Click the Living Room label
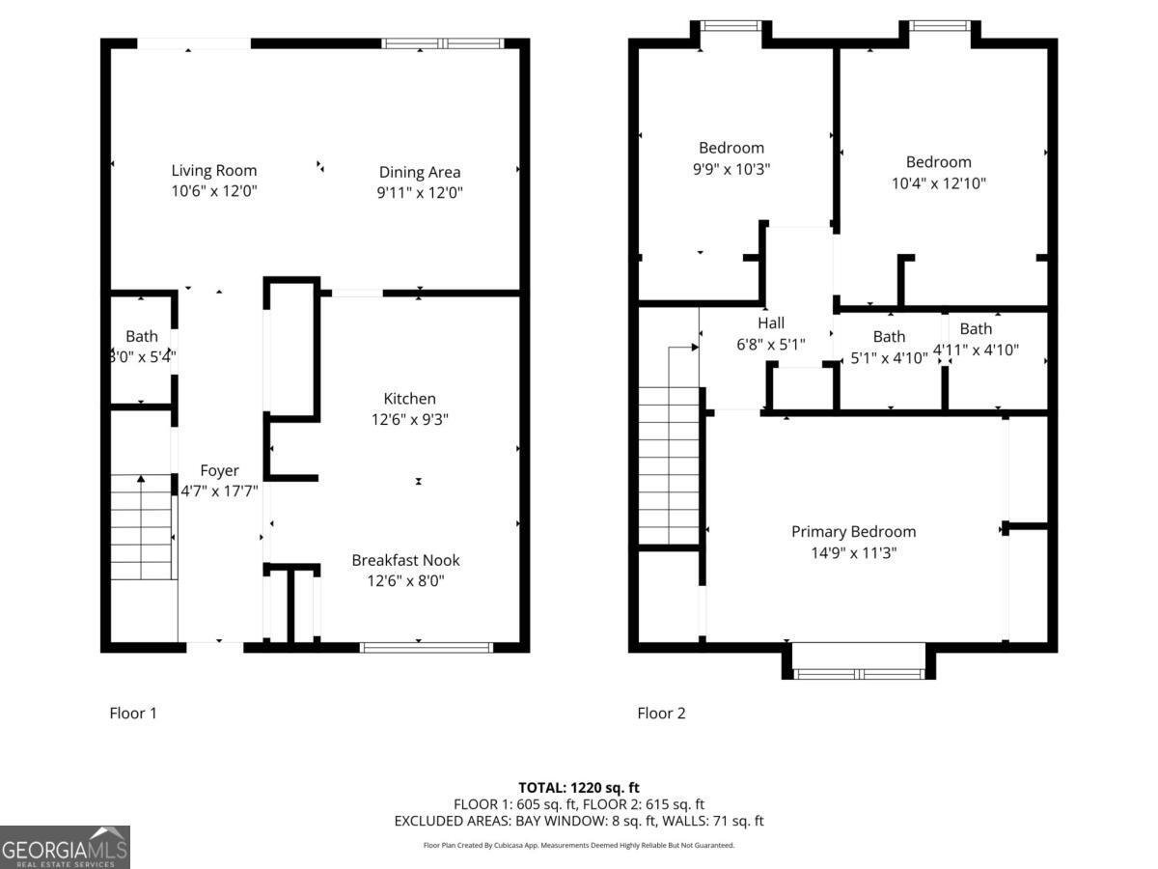214,171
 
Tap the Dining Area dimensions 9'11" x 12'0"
420,193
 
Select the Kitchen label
409,399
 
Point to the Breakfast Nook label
405,560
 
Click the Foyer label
219,471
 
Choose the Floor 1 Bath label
142,337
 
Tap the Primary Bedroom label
853,532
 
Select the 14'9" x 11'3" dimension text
853,553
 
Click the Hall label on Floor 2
770,323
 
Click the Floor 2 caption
661,714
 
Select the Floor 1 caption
133,714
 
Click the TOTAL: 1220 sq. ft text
579,787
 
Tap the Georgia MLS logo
65,847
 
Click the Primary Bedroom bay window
858,673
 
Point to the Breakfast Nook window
426,647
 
